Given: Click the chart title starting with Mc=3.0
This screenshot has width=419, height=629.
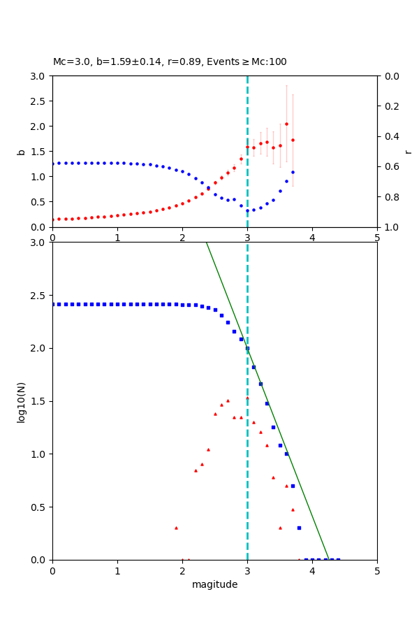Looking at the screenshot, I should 170,62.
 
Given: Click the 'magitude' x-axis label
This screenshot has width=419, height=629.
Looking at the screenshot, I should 214,584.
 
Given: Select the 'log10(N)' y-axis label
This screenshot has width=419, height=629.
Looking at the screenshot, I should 22,401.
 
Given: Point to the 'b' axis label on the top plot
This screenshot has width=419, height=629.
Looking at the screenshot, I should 22,152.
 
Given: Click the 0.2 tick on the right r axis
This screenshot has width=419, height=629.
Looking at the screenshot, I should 388,106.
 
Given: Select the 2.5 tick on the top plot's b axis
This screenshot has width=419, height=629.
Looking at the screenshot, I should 41,101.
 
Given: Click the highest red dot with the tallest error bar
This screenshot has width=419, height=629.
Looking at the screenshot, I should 286,124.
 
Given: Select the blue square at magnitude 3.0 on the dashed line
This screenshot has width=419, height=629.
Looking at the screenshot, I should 247,348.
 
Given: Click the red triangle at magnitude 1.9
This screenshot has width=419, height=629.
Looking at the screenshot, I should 176,528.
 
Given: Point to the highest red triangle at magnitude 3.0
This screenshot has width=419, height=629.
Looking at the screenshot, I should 247,398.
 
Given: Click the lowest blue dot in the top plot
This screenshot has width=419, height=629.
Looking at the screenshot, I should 247,210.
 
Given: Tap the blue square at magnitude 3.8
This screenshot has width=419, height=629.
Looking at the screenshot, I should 299,528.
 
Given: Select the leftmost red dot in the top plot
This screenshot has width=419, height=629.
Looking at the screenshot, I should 53,219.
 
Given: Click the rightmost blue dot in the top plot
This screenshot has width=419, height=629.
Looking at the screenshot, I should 293,172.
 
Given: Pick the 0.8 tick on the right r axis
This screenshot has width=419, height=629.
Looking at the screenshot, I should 388,197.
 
